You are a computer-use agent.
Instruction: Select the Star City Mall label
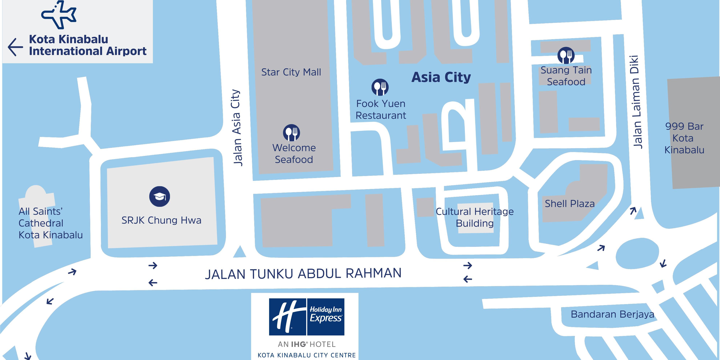click(291, 72)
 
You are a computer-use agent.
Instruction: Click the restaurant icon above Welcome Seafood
click(291, 133)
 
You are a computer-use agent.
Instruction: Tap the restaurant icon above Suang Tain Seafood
click(566, 55)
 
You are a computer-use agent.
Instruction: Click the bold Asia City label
click(441, 77)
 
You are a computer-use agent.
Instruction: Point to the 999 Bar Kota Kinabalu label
click(684, 138)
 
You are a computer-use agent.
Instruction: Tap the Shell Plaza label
click(570, 204)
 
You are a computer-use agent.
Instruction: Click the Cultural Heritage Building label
click(475, 217)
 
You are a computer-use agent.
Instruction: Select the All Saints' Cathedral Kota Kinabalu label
click(50, 223)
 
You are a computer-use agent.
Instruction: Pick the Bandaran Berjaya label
click(612, 314)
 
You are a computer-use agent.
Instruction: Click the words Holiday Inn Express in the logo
click(326, 314)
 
